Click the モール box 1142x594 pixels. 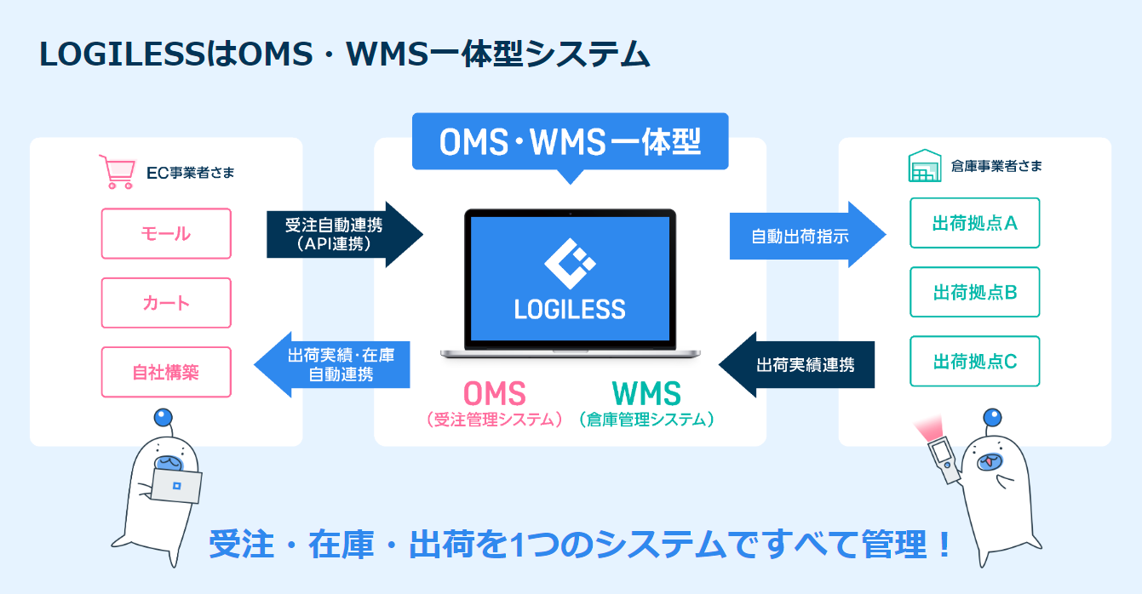pyautogui.click(x=166, y=233)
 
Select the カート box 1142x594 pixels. pyautogui.click(x=166, y=303)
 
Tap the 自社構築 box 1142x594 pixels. pyautogui.click(x=166, y=372)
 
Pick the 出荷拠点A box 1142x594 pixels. pyautogui.click(x=974, y=223)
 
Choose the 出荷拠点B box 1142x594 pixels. pyautogui.click(x=974, y=292)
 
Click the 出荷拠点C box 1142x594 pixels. pyautogui.click(x=974, y=361)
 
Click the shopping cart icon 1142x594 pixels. pyautogui.click(x=117, y=171)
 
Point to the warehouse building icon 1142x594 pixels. pyautogui.click(x=923, y=166)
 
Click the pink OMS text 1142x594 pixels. pyautogui.click(x=495, y=393)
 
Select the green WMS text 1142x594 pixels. pyautogui.click(x=646, y=393)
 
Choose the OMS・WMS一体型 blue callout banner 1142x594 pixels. pyautogui.click(x=570, y=142)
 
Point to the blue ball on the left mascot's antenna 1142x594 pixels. pyautogui.click(x=164, y=418)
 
